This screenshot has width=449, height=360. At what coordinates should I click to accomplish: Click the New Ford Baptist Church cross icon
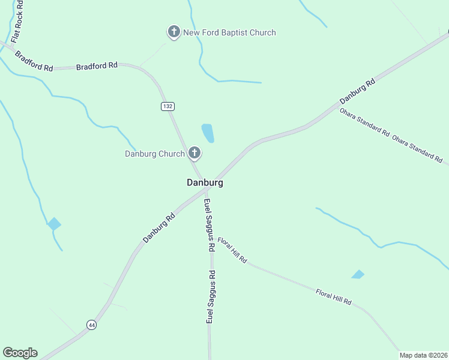(x=174, y=32)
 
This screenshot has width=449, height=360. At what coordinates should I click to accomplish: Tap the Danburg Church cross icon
(x=194, y=154)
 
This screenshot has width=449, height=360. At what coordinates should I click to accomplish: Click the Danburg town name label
(x=205, y=182)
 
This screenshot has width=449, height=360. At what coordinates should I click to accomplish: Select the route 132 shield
(x=167, y=106)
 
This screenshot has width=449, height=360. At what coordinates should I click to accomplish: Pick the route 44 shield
(x=91, y=325)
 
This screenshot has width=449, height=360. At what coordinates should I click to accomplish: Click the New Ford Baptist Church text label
(x=229, y=32)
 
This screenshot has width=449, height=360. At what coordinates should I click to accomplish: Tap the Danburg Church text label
(x=155, y=154)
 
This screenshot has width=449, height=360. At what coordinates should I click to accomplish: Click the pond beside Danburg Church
(x=208, y=133)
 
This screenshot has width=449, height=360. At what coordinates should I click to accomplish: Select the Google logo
(x=20, y=353)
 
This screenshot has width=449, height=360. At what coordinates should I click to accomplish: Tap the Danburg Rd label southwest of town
(x=159, y=228)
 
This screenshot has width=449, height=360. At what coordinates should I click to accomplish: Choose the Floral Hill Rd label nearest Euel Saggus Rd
(x=232, y=250)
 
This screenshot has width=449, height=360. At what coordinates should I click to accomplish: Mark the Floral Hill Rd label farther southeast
(x=333, y=296)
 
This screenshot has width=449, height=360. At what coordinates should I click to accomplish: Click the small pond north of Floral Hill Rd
(x=358, y=274)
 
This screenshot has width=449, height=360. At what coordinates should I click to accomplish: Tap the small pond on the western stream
(x=54, y=224)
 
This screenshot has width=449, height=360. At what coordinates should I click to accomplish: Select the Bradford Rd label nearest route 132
(x=97, y=66)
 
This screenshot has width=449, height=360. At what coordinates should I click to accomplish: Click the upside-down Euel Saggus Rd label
(x=211, y=298)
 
